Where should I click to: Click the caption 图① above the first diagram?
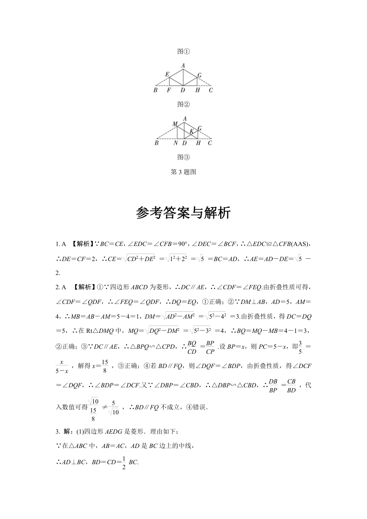pyautogui.click(x=183, y=51)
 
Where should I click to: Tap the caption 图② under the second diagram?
pyautogui.click(x=183, y=104)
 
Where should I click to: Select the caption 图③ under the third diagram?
pyautogui.click(x=183, y=157)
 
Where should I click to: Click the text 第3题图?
pyautogui.click(x=183, y=172)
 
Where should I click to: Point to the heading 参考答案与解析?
pyautogui.click(x=183, y=213)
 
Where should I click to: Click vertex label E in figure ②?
pyautogui.click(x=167, y=74)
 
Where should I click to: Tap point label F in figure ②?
pyautogui.click(x=169, y=90)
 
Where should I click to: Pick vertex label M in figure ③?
pyautogui.click(x=175, y=124)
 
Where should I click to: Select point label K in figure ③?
pyautogui.click(x=191, y=132)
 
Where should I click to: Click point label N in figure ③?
pyautogui.click(x=176, y=143)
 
